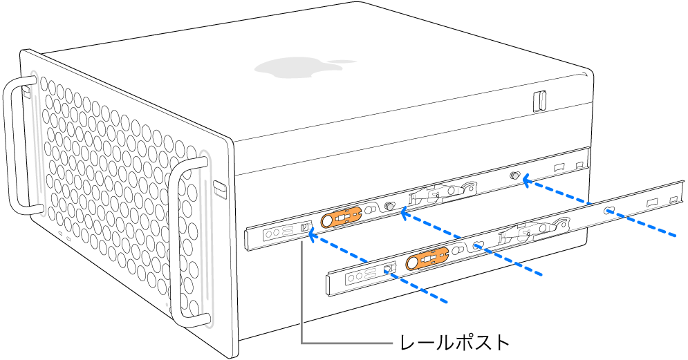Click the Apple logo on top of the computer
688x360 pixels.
point(299,67)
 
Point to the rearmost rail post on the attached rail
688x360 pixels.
point(514,177)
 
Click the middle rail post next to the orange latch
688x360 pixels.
point(389,206)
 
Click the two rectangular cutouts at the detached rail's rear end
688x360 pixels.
point(661,201)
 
